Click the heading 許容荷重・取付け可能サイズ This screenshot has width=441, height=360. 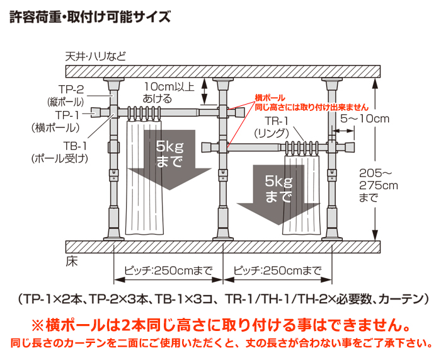[x=90, y=16]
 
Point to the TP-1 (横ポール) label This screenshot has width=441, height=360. [x=55, y=121]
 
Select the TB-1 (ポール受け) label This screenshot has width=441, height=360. [x=60, y=153]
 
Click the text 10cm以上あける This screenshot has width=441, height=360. [x=169, y=93]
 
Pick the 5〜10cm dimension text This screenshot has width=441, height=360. [x=365, y=119]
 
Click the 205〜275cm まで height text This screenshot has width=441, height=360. [x=378, y=185]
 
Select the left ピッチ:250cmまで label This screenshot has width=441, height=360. [x=168, y=270]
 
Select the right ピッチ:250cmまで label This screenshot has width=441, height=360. [x=277, y=270]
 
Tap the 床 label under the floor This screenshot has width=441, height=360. [x=71, y=262]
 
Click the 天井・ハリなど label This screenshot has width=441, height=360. [x=96, y=57]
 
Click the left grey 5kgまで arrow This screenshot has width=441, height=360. [x=169, y=160]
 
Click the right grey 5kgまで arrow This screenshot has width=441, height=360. [x=278, y=194]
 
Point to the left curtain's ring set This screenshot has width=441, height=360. [x=144, y=113]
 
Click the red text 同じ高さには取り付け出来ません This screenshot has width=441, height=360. [x=312, y=107]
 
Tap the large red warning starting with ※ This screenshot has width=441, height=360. [x=220, y=325]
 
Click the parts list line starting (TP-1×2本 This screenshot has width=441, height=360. [x=224, y=299]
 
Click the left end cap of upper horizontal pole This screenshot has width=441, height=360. [x=96, y=112]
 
